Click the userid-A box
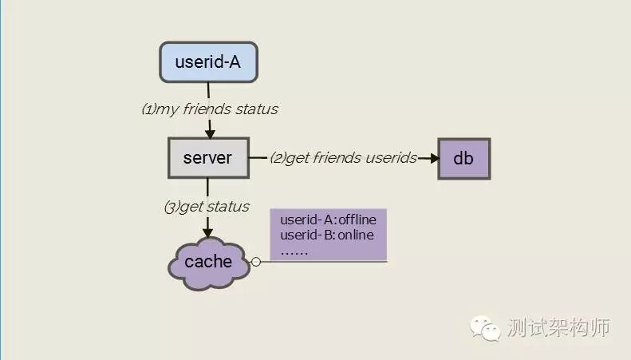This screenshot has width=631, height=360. click(207, 61)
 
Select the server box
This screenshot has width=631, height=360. click(207, 157)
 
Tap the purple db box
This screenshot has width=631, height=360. click(463, 158)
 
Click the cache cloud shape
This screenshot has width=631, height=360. click(209, 262)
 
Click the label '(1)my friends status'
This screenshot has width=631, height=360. click(210, 109)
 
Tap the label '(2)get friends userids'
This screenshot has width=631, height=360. click(343, 158)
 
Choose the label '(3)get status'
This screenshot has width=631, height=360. click(207, 207)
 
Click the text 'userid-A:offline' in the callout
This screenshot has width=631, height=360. click(328, 220)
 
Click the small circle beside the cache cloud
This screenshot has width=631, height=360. click(256, 262)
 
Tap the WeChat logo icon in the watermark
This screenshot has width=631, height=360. click(485, 327)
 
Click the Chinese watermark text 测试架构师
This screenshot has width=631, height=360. click(558, 328)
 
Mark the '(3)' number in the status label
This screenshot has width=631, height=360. click(171, 207)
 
